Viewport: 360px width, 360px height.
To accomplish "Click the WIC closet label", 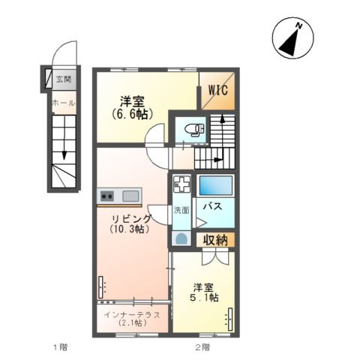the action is tap(218, 90).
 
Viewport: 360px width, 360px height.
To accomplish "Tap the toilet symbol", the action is tap(194, 130).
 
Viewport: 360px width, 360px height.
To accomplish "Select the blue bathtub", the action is tap(216, 185).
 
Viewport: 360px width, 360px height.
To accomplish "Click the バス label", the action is tap(212, 207).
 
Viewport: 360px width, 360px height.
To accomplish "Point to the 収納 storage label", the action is tap(215, 241).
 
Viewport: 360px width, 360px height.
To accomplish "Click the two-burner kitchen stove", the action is tap(107, 195).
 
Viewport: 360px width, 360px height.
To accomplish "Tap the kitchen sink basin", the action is tap(130, 196).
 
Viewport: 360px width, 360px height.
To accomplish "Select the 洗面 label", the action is tap(181, 210).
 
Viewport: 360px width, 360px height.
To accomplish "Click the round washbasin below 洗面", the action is tap(181, 239).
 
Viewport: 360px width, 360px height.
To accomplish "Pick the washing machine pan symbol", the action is tap(182, 184).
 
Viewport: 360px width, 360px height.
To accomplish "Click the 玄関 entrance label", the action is tap(64, 79).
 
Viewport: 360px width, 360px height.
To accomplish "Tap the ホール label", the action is tap(63, 103).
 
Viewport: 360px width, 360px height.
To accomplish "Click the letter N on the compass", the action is tap(298, 25).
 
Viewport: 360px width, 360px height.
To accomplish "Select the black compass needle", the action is tap(291, 43).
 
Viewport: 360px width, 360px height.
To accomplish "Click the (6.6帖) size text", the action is tap(133, 114).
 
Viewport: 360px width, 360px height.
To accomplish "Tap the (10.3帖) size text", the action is tap(130, 229).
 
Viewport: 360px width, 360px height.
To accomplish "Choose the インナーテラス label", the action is tap(132, 315).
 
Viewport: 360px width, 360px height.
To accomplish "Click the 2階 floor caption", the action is tap(202, 347).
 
